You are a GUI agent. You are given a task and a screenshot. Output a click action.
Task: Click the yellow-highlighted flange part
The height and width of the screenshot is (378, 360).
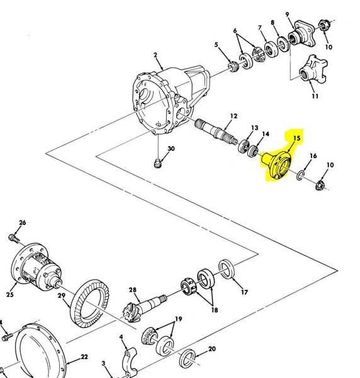[277, 165]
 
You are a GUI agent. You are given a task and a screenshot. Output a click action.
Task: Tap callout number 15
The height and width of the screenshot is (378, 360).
[297, 138]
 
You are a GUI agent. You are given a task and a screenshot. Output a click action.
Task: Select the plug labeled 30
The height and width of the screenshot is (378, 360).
[157, 164]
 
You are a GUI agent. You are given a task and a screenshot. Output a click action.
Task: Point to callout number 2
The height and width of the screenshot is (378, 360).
[155, 55]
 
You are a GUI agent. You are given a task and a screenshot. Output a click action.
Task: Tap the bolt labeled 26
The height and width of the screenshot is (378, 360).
[13, 238]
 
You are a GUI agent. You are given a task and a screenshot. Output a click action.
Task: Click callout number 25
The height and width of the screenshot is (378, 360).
[10, 294]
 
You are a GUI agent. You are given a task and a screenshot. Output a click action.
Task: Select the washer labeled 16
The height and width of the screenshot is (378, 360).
[300, 175]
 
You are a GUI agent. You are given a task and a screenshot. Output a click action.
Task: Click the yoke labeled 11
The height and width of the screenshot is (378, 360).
[313, 69]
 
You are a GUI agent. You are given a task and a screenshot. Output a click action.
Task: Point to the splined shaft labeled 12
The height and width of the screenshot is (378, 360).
[216, 132]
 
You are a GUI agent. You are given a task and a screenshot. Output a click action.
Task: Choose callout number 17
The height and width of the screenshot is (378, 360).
[244, 292]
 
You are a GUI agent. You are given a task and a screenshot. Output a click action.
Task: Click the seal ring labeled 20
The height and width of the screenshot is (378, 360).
[188, 358]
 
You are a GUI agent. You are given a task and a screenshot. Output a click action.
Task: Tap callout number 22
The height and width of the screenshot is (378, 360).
[84, 357]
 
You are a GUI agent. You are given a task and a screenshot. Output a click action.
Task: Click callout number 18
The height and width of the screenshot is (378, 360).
[215, 310]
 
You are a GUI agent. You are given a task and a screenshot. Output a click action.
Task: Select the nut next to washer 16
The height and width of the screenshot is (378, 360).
[320, 186]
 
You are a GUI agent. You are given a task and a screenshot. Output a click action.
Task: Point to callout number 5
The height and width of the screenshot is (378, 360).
[216, 45]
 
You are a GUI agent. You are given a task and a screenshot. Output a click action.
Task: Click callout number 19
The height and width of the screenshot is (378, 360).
[178, 319]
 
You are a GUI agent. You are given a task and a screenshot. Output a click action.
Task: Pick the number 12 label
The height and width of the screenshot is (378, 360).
[233, 116]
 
